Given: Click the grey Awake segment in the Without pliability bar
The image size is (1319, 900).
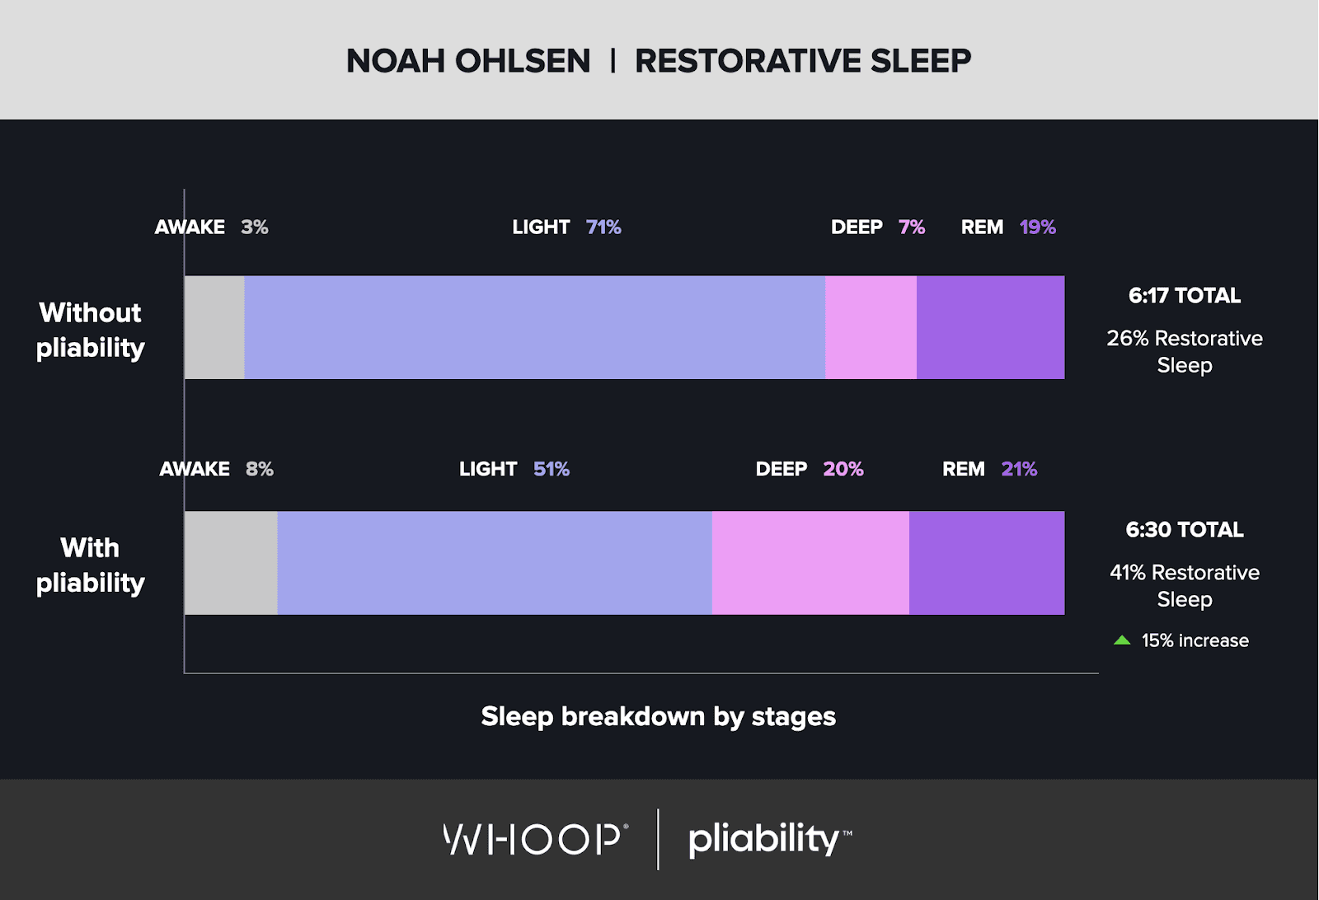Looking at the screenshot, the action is (x=214, y=327).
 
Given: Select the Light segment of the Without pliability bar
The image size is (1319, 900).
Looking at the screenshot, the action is (x=535, y=327).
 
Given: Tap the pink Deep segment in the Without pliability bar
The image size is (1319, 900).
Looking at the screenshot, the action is (x=871, y=327).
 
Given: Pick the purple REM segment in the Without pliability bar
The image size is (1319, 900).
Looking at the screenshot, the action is (x=990, y=327).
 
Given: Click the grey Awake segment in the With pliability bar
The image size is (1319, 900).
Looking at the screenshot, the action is (x=231, y=563).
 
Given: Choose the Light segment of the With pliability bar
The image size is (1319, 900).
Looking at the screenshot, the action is (x=495, y=563).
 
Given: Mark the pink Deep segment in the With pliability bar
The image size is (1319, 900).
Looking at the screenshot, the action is (x=810, y=563).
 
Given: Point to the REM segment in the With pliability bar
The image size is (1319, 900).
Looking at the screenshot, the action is (x=987, y=563).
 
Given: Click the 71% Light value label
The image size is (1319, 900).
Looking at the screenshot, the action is (x=603, y=227).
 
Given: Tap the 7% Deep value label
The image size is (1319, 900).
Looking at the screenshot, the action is (x=912, y=227).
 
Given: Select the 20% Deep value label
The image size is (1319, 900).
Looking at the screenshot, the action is (x=843, y=469).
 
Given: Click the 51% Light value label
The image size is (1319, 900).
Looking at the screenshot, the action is (x=552, y=469).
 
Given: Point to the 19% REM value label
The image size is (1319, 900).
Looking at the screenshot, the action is (x=1038, y=227).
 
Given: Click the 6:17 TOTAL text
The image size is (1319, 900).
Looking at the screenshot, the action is (x=1184, y=296).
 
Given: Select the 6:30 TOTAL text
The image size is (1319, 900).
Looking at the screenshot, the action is (x=1184, y=530).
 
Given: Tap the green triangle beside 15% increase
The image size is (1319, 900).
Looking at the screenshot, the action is (x=1122, y=640).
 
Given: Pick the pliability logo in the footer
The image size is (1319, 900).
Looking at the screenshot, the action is (x=770, y=839).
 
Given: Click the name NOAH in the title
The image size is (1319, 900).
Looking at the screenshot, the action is (x=395, y=61).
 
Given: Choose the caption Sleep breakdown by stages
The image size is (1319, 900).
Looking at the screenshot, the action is (x=659, y=717).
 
